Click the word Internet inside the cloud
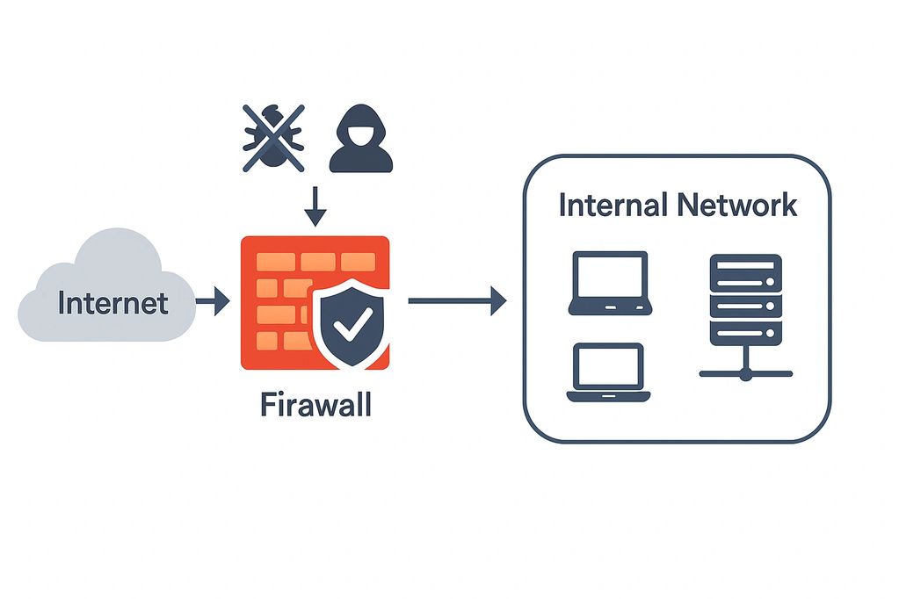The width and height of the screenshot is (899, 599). (x=112, y=303)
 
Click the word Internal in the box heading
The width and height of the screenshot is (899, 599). (x=613, y=205)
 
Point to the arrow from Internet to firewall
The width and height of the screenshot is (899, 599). (x=212, y=303)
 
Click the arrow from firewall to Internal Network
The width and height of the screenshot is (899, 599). (x=457, y=301)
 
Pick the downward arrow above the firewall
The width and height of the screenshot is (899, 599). (x=315, y=206)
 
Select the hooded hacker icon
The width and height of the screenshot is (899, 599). (x=360, y=138)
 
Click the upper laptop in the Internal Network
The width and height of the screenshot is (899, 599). (x=610, y=283)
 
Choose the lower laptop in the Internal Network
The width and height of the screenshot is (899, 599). (x=608, y=372)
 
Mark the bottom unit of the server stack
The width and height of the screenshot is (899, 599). (x=745, y=333)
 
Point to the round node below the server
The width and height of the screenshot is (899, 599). (x=745, y=374)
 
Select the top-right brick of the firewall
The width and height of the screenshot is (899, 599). (x=359, y=261)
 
